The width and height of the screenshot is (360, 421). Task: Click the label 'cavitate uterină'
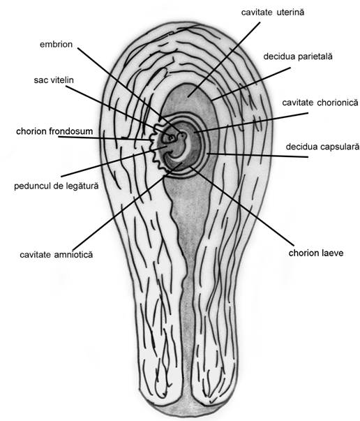(273, 13)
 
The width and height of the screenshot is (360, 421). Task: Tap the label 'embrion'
(56, 44)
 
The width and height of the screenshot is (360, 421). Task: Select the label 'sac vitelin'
(54, 80)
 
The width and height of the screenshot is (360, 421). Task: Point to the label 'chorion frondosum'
(54, 131)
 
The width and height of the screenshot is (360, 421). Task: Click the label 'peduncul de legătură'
(57, 186)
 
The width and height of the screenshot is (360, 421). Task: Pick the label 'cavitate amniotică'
(57, 255)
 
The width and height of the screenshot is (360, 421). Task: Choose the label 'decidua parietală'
(298, 57)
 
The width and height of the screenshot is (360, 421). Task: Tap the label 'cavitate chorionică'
(320, 103)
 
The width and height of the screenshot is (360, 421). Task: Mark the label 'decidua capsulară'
(322, 147)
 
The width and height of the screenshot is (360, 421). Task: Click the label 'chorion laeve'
(316, 253)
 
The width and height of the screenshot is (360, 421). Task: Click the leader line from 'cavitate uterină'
(224, 59)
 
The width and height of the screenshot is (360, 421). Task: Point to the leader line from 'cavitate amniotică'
(128, 206)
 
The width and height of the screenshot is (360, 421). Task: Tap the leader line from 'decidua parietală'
(251, 84)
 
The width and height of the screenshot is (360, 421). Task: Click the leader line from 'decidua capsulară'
(257, 155)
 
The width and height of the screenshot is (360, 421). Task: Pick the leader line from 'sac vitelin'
(118, 112)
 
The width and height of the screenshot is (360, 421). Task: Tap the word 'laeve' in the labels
(333, 253)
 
